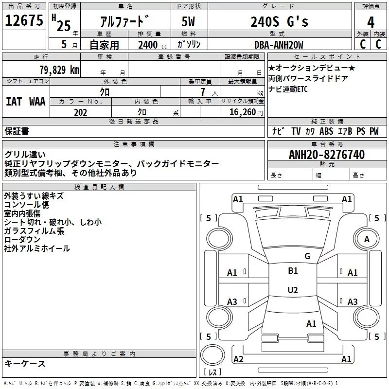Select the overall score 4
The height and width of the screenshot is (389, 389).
[x=371, y=22]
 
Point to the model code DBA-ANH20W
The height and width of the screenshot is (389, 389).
[x=279, y=45]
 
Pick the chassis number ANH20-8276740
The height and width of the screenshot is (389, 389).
[x=327, y=155]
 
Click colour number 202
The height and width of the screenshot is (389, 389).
[x=81, y=112]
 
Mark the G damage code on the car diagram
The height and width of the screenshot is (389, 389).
[x=307, y=256]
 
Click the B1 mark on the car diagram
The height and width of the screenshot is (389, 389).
[x=293, y=271]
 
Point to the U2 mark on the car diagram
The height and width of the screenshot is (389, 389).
[x=292, y=290]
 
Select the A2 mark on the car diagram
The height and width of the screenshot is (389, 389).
[x=238, y=359]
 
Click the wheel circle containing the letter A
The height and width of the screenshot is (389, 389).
[x=367, y=239]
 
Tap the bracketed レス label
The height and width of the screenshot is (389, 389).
[x=212, y=372]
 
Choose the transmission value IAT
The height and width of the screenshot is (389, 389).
[x=14, y=101]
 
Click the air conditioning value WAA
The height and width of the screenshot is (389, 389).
[x=37, y=101]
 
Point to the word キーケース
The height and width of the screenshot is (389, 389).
[x=25, y=363]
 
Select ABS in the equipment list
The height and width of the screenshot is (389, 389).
[x=326, y=131]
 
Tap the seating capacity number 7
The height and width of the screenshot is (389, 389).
[x=202, y=92]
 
